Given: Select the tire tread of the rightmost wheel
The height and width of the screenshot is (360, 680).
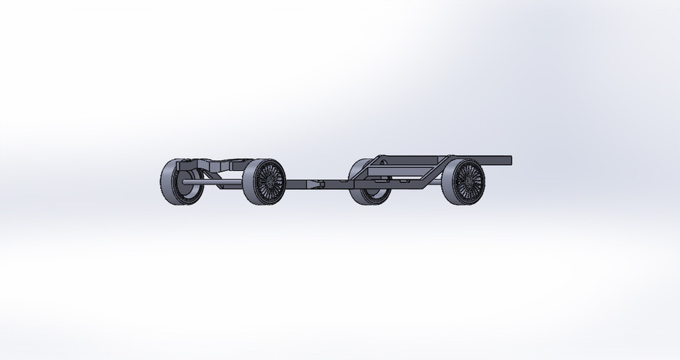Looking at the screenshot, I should point(447,182).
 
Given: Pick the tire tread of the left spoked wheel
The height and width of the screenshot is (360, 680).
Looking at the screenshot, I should point(248,183).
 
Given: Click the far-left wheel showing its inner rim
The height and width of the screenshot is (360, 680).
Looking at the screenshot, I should point(177,182).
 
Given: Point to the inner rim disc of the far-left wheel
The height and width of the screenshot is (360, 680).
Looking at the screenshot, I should point(186,182).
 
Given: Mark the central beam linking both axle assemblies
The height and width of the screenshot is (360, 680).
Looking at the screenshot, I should point(333,184).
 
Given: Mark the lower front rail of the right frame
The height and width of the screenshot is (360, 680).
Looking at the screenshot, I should point(390,186).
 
